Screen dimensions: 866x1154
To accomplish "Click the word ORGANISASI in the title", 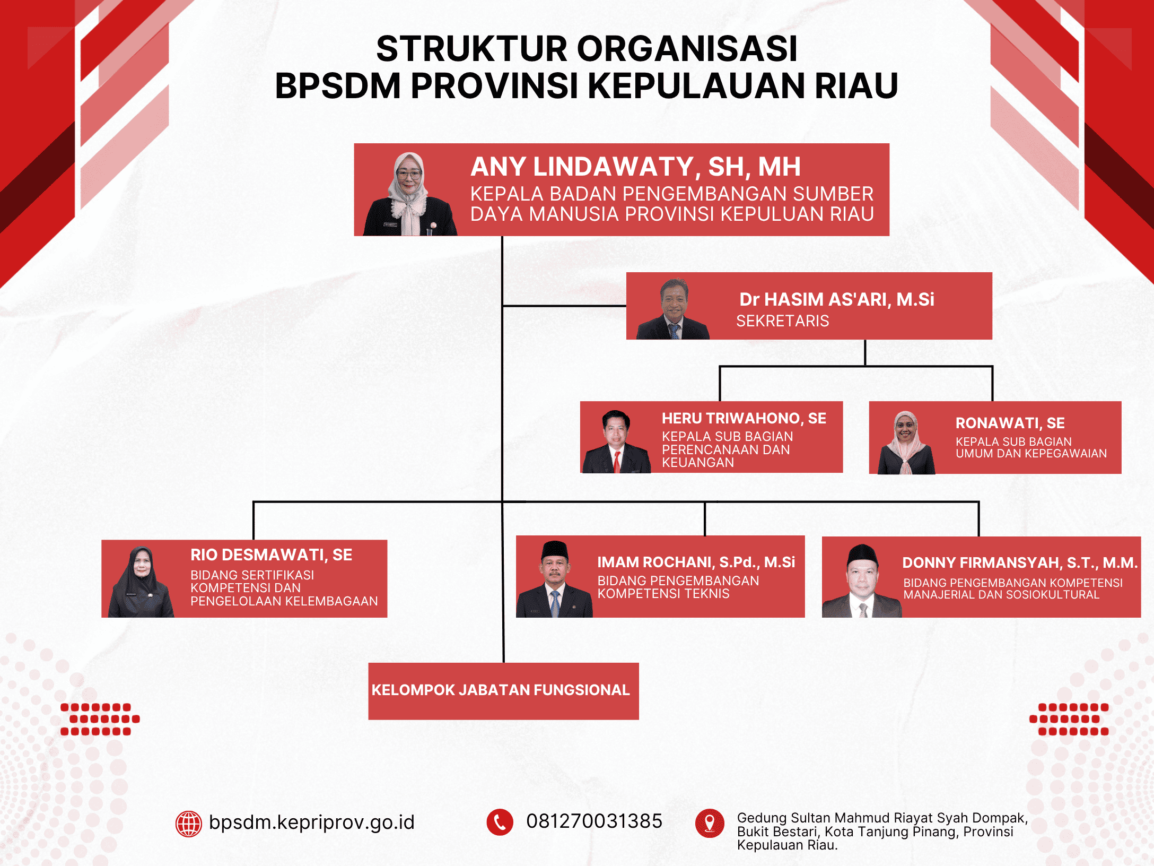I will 687,49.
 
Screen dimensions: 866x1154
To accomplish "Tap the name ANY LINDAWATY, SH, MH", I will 635,167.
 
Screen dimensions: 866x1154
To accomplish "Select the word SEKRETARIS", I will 782,321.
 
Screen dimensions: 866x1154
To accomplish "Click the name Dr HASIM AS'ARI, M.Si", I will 836,299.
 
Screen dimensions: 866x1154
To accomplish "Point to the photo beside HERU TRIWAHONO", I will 616,442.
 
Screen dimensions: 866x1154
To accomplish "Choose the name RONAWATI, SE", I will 1010,423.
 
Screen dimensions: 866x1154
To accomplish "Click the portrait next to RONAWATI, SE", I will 906,443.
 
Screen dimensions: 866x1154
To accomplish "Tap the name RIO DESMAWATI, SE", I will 271,555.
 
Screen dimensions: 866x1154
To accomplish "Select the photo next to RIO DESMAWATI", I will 141,582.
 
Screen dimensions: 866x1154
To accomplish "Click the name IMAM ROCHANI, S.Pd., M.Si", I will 696,562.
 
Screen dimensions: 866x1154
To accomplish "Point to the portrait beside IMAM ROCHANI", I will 554,579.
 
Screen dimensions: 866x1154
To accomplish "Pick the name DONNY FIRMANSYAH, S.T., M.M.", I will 1020,563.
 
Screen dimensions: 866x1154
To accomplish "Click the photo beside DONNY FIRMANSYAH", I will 862,582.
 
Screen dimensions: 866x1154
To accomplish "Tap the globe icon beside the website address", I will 189,824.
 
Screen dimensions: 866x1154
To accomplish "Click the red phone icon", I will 500,822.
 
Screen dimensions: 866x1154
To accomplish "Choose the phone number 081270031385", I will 594,821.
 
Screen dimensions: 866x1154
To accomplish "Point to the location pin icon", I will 710,823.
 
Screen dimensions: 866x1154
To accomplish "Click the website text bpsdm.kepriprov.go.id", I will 311,822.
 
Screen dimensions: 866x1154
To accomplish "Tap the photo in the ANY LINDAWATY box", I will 409,194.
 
